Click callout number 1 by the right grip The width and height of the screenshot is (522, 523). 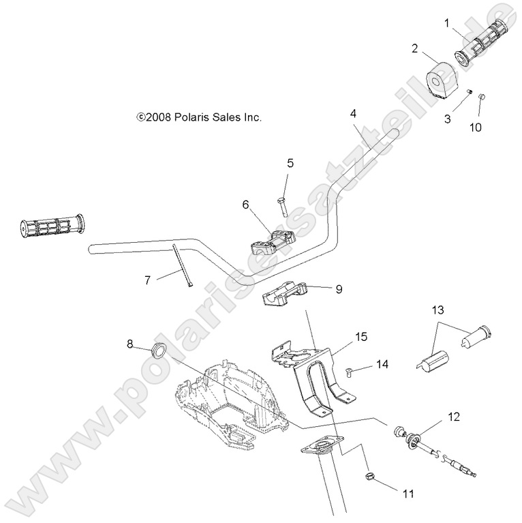tap(447, 23)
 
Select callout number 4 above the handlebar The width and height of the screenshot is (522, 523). tap(354, 112)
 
